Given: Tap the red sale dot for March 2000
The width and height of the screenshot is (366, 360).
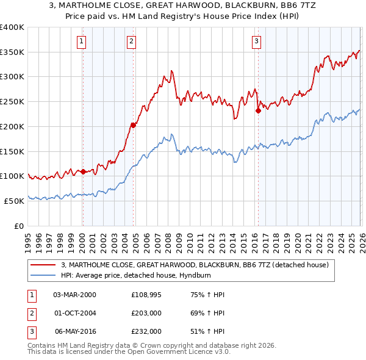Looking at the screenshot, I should coord(83,171).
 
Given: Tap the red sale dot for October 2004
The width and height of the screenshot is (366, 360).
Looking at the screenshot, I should coord(132,125).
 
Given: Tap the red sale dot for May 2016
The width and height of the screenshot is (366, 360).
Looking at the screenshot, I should coord(258,110).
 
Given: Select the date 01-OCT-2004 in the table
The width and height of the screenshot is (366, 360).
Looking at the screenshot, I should coord(75,314).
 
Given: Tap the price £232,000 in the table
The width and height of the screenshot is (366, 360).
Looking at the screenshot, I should coord(146,332).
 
